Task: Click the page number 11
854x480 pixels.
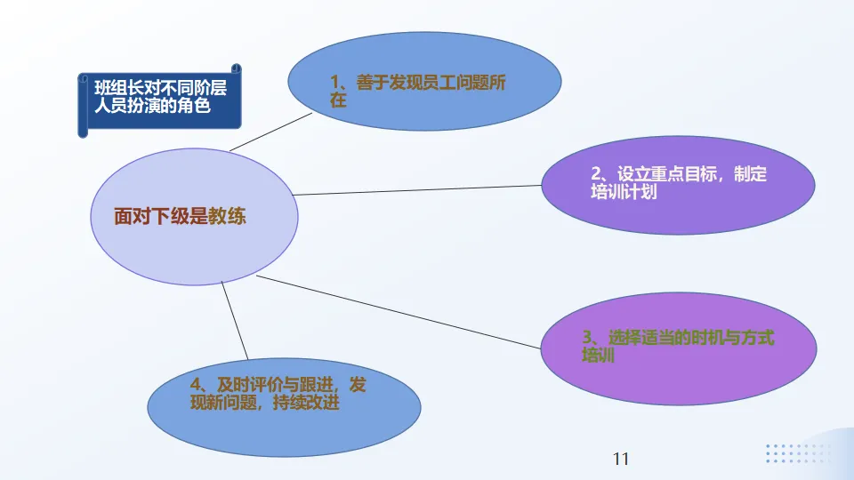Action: (621, 459)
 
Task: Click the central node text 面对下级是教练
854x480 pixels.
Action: (180, 216)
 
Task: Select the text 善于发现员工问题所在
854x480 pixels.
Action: (417, 92)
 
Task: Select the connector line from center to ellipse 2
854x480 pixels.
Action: (418, 189)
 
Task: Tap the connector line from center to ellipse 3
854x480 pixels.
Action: (400, 312)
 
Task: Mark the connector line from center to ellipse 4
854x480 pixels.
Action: (235, 321)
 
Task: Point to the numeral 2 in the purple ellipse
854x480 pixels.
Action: (596, 175)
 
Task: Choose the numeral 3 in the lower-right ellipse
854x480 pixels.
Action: (587, 339)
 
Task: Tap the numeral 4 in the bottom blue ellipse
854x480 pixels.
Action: (196, 385)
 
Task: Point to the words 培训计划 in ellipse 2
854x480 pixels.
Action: (624, 192)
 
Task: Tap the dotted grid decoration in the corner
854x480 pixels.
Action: (796, 453)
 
